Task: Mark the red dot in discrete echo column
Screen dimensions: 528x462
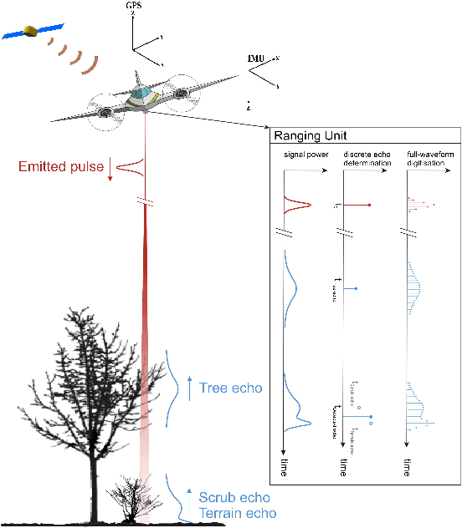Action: [x=369, y=205]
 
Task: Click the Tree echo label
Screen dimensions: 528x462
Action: [x=231, y=388]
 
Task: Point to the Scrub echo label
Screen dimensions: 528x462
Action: [x=234, y=498]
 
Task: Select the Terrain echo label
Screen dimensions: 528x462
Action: [x=237, y=513]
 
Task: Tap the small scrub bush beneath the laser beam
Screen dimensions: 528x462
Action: [x=135, y=499]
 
